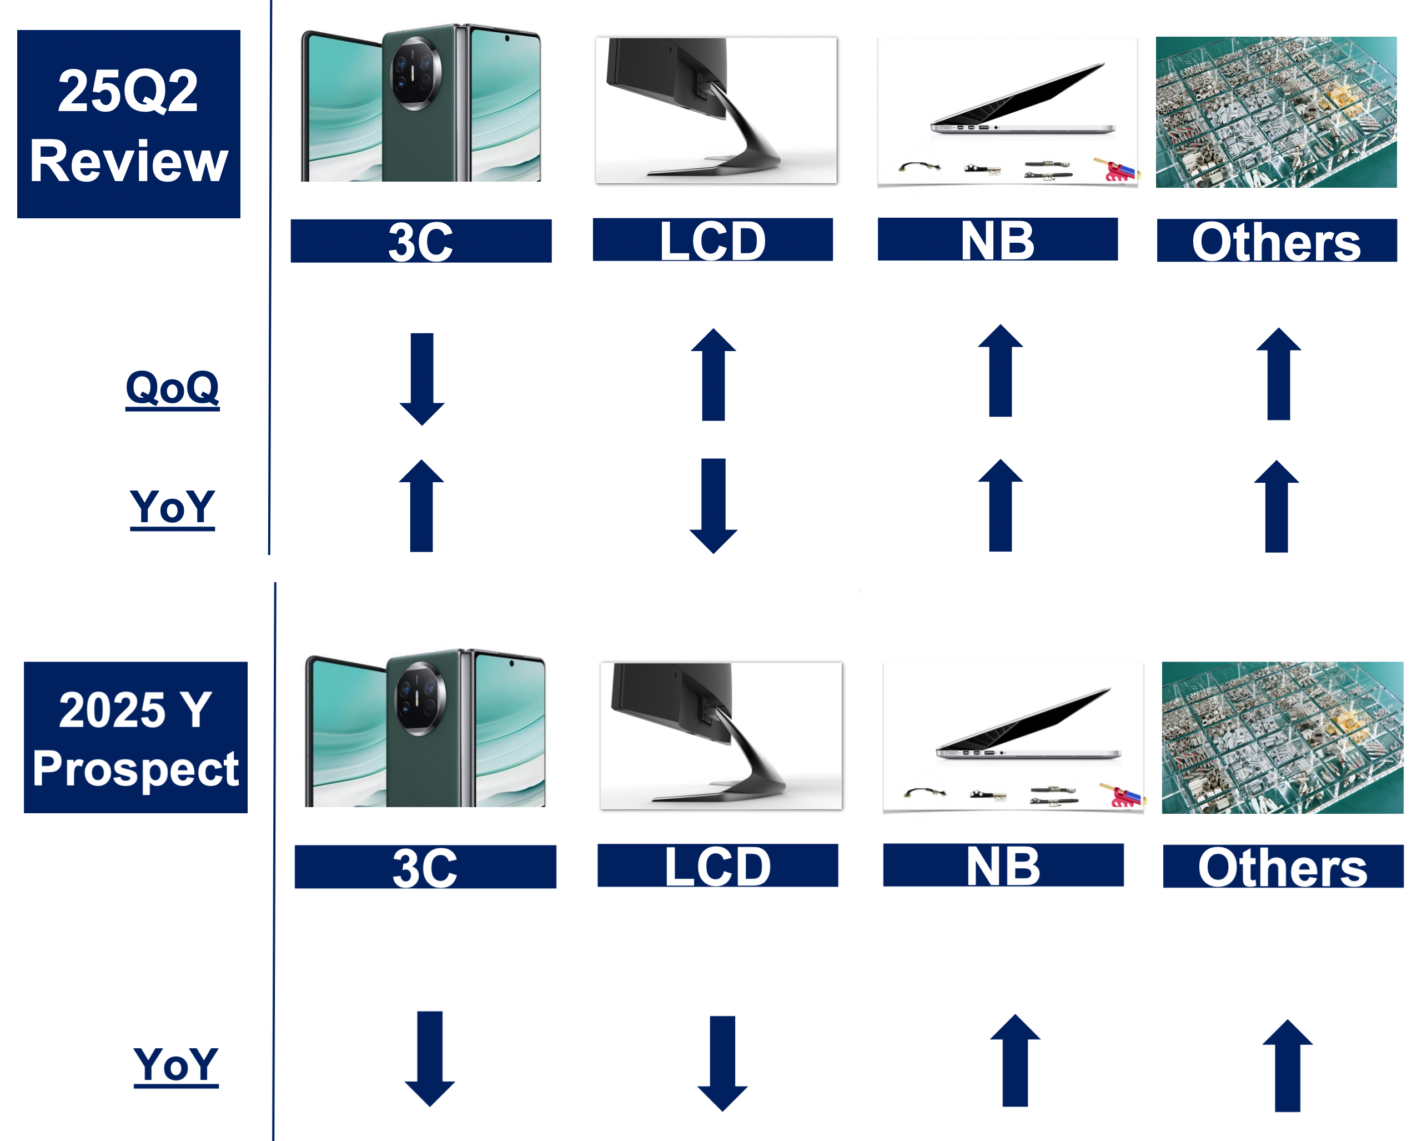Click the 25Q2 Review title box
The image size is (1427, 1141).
(x=128, y=124)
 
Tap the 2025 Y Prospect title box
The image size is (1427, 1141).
(x=135, y=737)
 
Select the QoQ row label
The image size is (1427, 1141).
(x=172, y=389)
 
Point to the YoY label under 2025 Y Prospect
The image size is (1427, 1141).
(x=176, y=1065)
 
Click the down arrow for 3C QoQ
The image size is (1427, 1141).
(x=421, y=379)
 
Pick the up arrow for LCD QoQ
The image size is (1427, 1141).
(x=713, y=374)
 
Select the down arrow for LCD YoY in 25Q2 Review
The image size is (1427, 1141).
(x=713, y=506)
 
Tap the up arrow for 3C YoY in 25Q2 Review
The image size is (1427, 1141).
(x=421, y=506)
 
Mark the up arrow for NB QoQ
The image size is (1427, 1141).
(x=1001, y=370)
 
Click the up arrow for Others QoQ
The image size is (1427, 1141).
(x=1279, y=373)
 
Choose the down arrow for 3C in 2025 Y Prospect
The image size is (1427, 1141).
(x=430, y=1058)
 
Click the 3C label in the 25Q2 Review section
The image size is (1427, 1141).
(x=421, y=241)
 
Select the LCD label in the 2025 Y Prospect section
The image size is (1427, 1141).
(x=717, y=865)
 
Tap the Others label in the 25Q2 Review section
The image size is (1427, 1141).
(x=1277, y=241)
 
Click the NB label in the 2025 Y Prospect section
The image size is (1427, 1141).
(x=1003, y=865)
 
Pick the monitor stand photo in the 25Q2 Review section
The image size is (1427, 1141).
(x=716, y=111)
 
